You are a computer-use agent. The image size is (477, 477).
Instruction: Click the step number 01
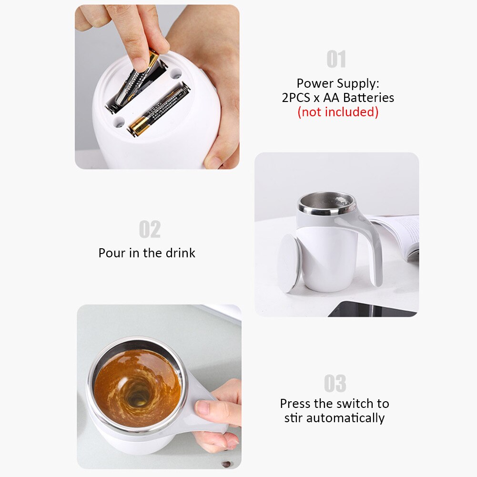(336, 60)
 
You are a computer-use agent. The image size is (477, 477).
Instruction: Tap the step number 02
(150, 229)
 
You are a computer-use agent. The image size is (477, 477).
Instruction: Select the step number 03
(335, 384)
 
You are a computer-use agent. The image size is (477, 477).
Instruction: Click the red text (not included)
(338, 112)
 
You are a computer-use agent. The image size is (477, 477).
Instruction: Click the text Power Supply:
(338, 83)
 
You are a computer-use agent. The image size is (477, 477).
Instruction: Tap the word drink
(180, 253)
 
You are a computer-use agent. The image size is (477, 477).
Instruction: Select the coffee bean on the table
(227, 464)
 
